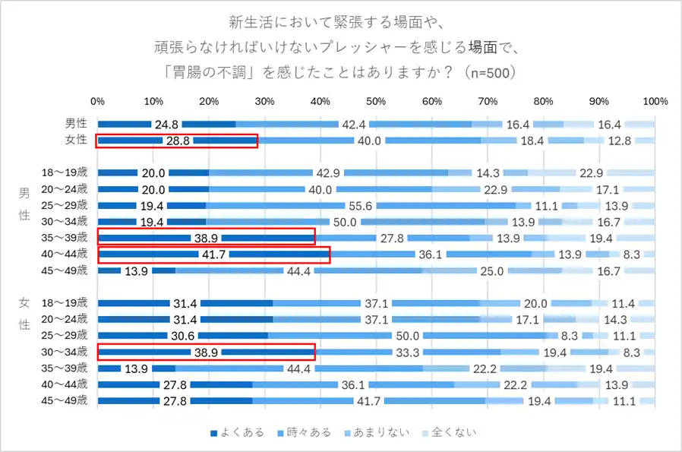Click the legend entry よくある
[x=237, y=432]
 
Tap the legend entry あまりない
[x=382, y=432]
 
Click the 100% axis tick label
[x=655, y=101]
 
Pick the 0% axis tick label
[x=98, y=101]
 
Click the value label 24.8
[x=166, y=125]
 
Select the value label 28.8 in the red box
[x=178, y=141]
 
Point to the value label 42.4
[x=353, y=125]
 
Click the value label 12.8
[x=619, y=141]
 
